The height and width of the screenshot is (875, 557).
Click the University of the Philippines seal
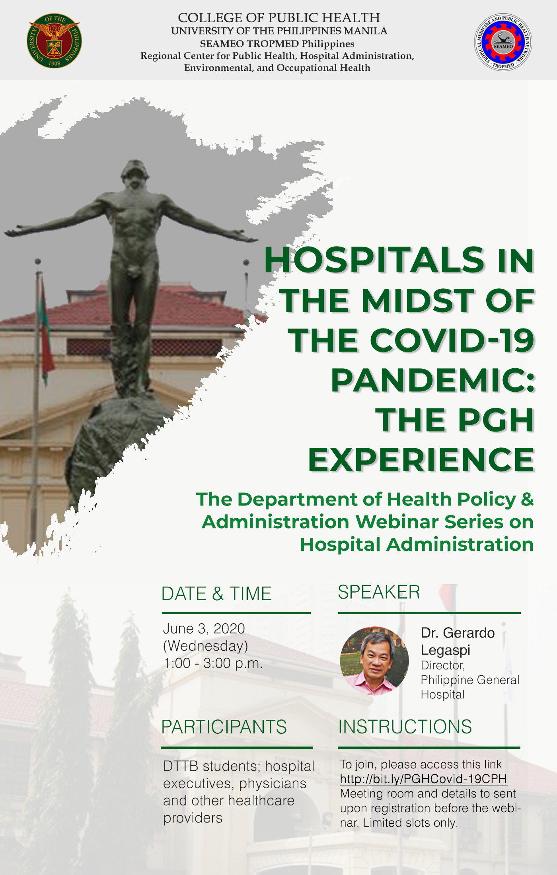click(54, 41)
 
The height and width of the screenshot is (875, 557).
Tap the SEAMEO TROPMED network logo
click(503, 42)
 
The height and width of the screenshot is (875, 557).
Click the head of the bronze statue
click(136, 174)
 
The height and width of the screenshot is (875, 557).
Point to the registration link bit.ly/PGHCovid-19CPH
click(424, 779)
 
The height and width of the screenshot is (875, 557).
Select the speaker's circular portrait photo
click(374, 661)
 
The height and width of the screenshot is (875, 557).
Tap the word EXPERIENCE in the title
click(421, 460)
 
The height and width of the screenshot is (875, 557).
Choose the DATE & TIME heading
click(216, 594)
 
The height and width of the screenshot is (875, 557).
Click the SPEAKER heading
click(379, 592)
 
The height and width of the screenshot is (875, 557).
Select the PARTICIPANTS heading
click(224, 727)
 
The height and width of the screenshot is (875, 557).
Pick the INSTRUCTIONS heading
click(405, 727)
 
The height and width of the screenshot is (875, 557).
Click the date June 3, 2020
click(204, 629)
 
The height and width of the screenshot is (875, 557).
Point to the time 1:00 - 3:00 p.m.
click(213, 663)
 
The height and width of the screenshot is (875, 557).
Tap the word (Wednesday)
click(206, 646)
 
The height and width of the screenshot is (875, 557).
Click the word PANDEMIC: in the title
click(433, 380)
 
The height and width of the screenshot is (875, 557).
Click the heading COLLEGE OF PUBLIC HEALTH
click(279, 18)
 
